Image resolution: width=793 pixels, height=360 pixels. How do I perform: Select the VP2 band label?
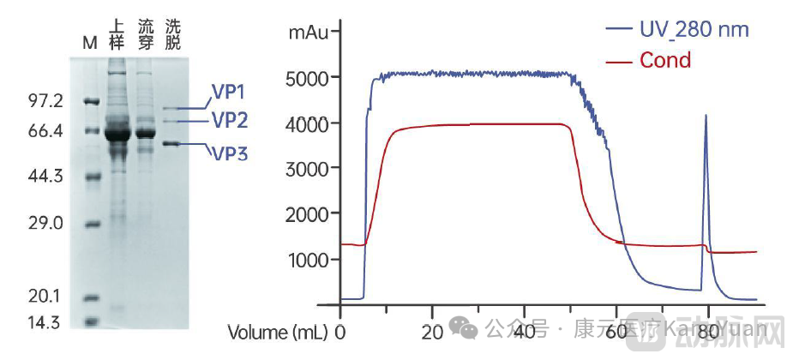click(230, 119)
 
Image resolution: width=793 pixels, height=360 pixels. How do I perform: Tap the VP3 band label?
click(230, 153)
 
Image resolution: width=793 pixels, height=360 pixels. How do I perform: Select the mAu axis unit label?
click(306, 33)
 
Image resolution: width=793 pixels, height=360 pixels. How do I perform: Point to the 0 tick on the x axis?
click(341, 331)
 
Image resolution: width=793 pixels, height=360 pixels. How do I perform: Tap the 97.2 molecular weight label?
click(45, 101)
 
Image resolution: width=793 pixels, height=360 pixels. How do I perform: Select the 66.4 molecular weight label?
click(45, 131)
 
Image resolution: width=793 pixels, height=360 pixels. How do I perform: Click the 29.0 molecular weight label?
click(45, 223)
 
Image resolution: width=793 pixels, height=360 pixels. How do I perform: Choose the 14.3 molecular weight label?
click(45, 322)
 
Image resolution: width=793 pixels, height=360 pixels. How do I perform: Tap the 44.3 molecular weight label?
click(45, 177)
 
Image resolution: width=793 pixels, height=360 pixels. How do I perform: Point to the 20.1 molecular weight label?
click(45, 297)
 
